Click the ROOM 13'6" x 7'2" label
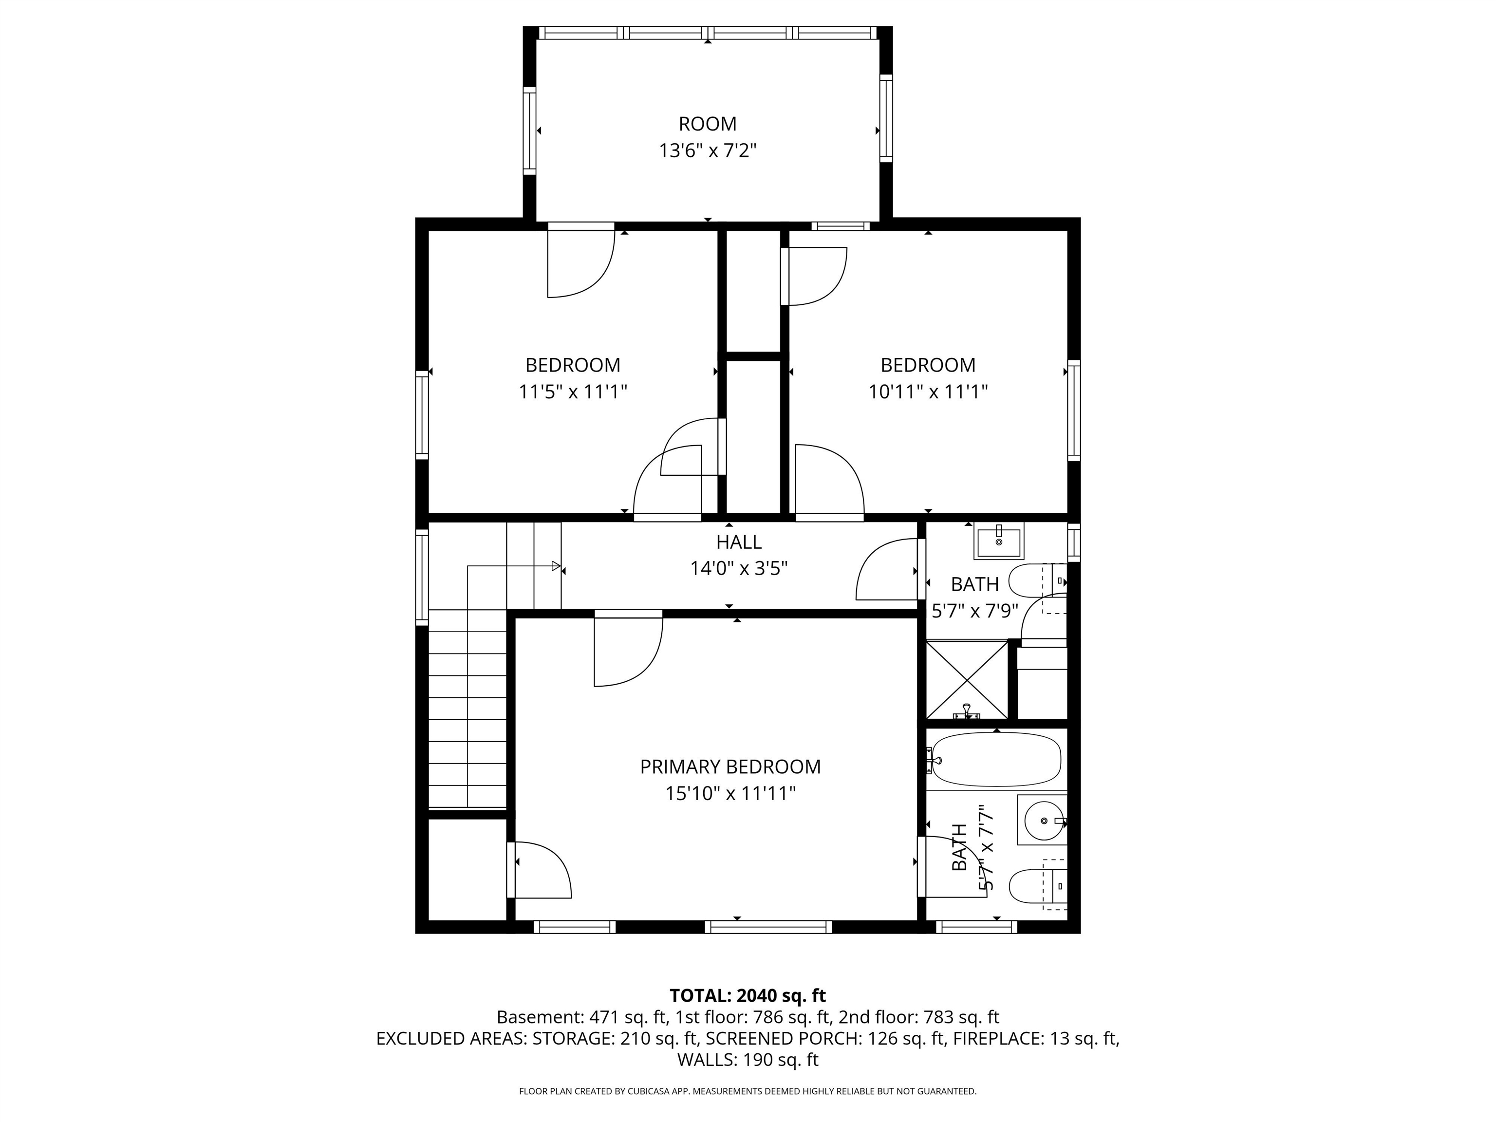coord(708,137)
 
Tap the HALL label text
coord(739,542)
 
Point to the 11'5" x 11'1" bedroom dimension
coord(573,392)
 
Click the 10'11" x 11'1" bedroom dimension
coord(928,392)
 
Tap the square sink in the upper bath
coord(998,541)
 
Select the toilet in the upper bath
coord(1035,580)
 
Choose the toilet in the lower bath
coord(1035,885)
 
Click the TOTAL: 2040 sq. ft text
coord(748,995)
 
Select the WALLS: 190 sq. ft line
coord(748,1060)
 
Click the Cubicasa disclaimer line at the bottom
coord(748,1091)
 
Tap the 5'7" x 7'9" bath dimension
coord(974,611)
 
